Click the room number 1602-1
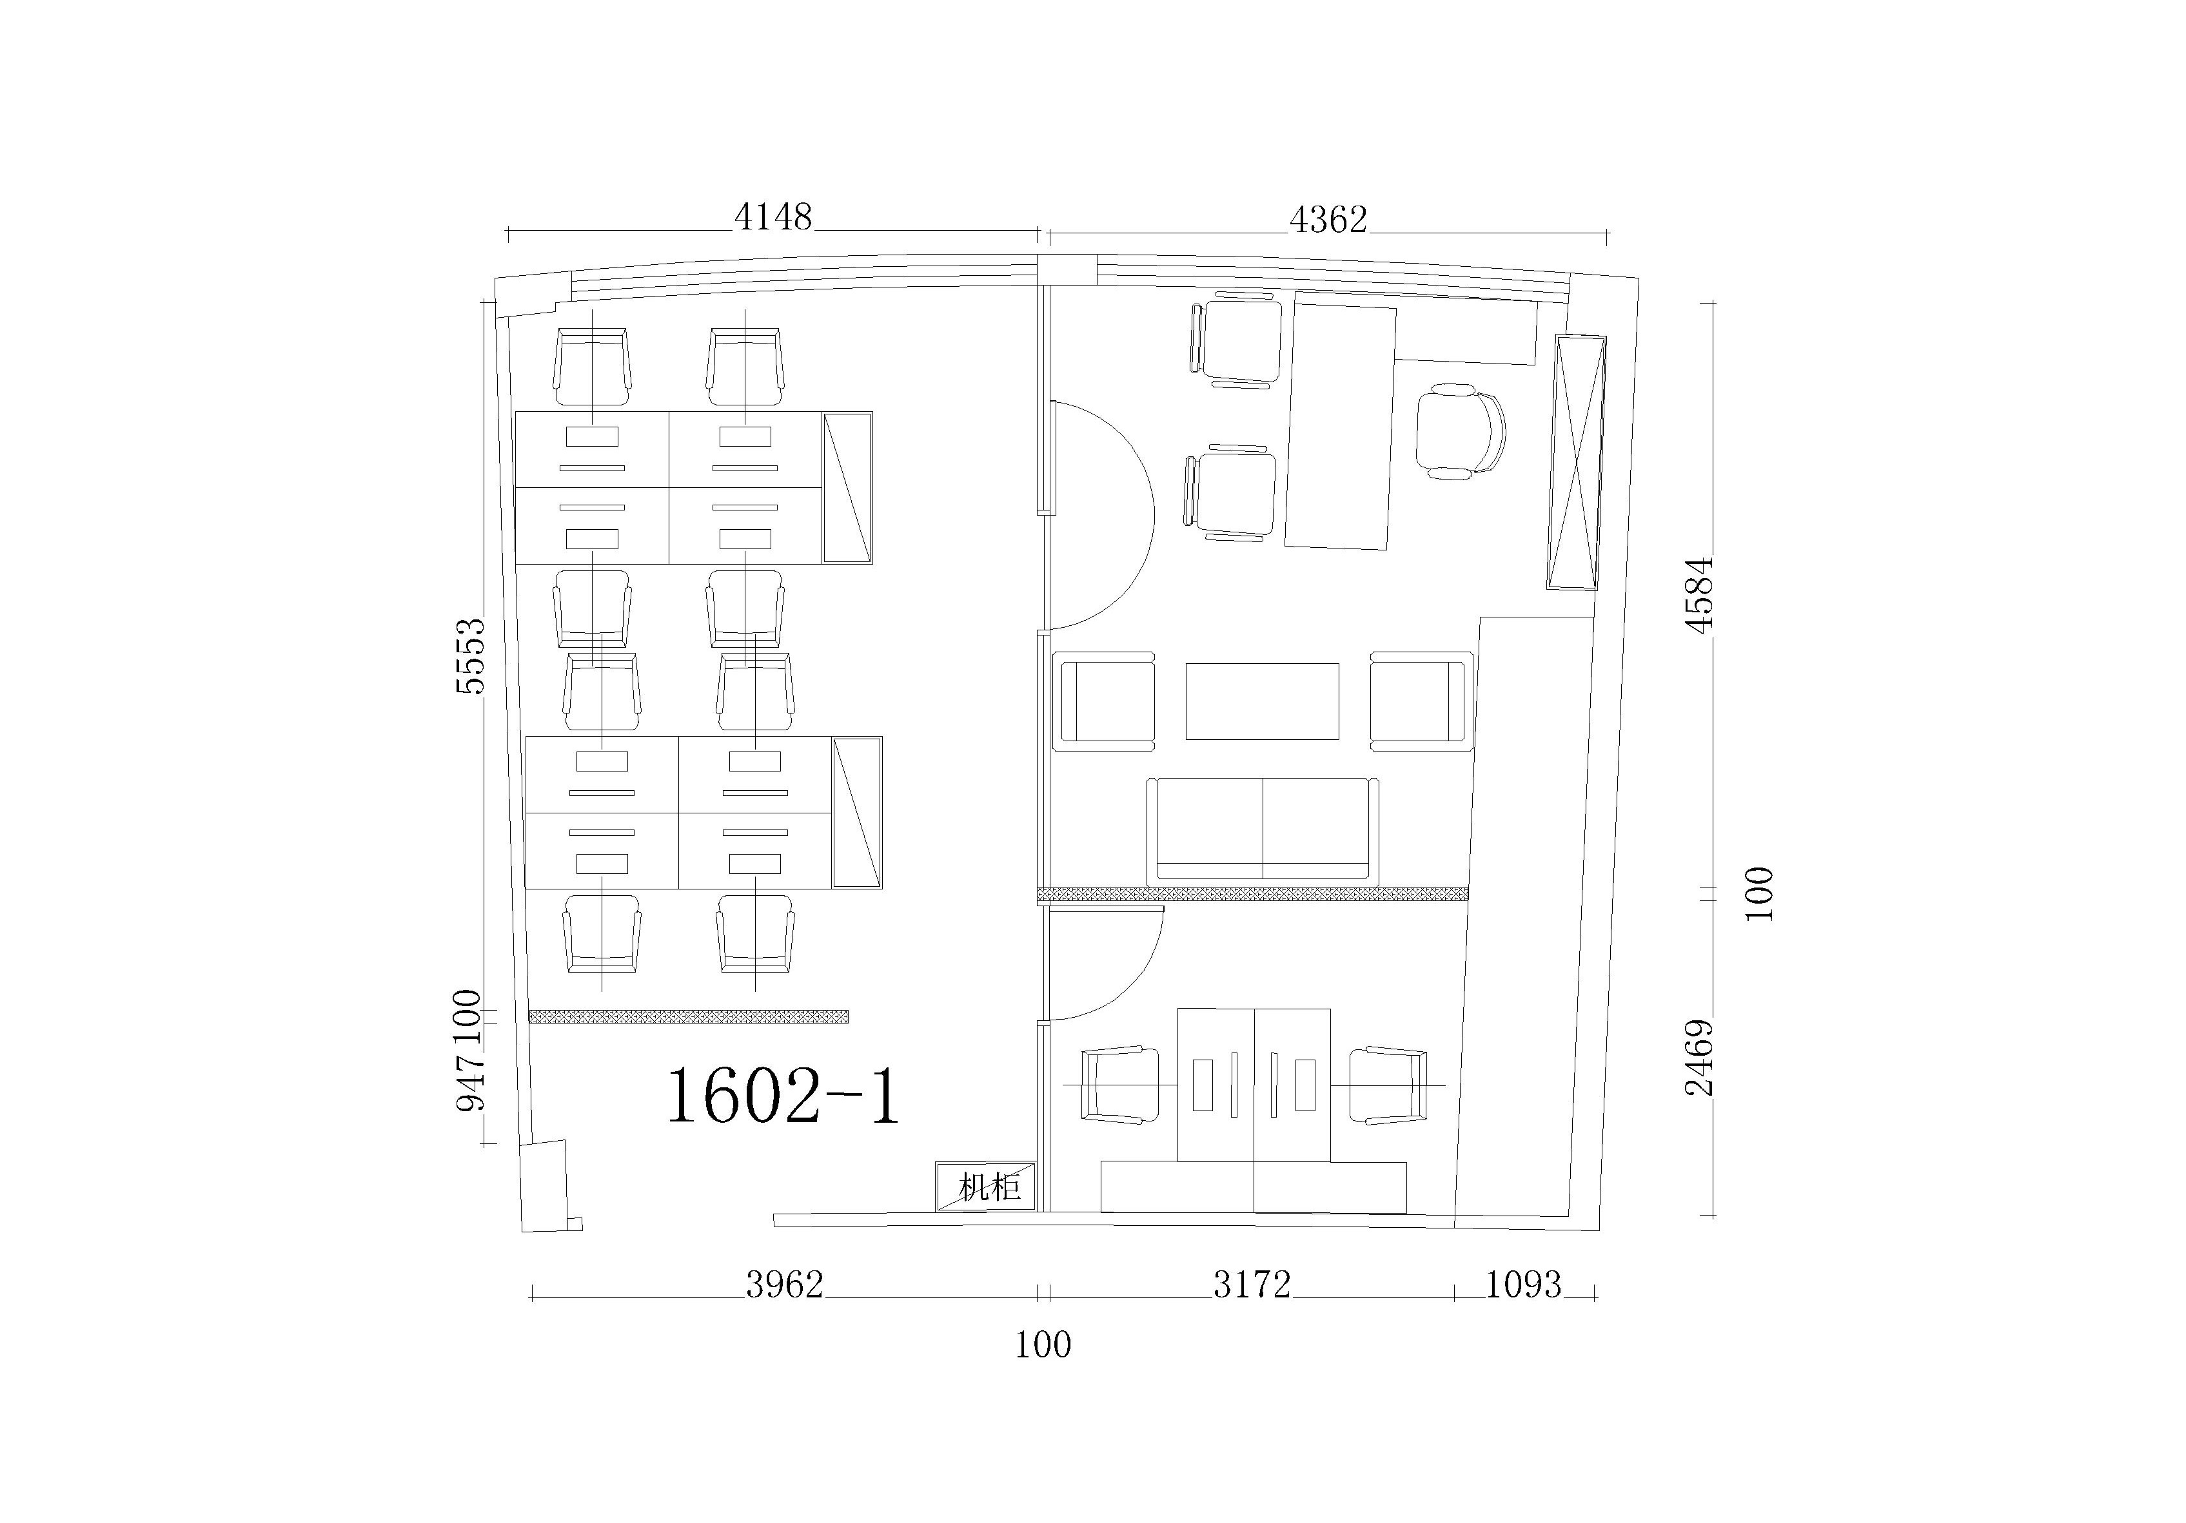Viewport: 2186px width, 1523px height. point(782,1096)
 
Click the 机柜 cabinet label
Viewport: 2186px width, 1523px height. point(989,1188)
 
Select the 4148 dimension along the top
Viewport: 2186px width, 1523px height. point(773,217)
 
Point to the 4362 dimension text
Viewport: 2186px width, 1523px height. point(1328,220)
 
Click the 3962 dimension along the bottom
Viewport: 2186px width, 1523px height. point(785,1285)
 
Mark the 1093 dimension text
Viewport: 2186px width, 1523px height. point(1523,1285)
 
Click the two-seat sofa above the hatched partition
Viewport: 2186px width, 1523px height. point(1263,829)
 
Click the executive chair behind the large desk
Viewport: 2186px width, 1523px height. point(1459,431)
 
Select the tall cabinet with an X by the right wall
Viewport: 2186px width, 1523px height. point(1576,463)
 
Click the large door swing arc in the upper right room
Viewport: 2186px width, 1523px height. point(1154,514)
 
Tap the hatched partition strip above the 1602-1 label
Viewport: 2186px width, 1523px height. point(688,1016)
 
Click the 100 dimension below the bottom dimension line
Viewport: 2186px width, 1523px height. point(1043,1344)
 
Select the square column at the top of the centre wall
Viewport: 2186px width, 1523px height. point(1067,268)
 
